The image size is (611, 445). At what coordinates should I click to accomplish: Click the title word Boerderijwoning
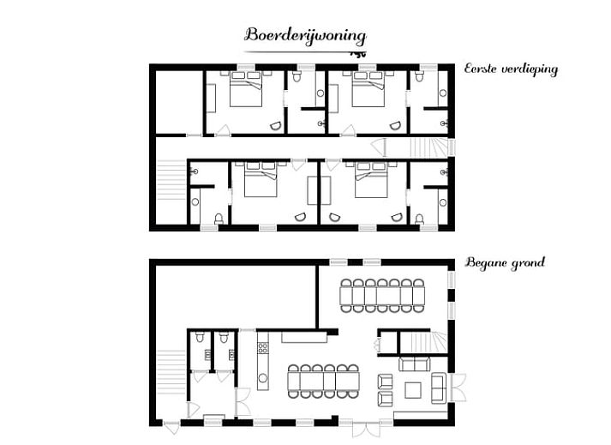point(305,36)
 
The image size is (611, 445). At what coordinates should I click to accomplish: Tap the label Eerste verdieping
point(511,69)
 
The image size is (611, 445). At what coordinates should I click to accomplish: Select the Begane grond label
point(505,262)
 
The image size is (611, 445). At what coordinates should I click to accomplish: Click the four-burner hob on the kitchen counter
point(263,347)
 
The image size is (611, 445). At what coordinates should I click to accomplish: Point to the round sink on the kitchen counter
point(263,377)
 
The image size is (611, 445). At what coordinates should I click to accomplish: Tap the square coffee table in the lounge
point(413,390)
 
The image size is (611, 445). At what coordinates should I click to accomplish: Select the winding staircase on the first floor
point(428,147)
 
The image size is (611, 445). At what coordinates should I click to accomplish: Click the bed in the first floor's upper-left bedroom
point(245,89)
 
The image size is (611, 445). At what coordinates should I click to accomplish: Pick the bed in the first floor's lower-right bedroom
point(371,180)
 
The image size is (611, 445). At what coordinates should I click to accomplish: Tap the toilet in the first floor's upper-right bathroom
point(419,75)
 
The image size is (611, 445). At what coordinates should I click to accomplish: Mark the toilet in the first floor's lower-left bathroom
point(219,219)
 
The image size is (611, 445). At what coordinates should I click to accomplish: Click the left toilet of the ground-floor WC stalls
point(200,337)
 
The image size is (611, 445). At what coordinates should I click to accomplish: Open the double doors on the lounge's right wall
point(458,388)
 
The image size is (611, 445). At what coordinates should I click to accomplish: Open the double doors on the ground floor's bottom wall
point(366,428)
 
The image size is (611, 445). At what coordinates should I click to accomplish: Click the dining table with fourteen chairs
point(382,296)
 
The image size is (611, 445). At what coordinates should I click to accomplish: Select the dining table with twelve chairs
point(323,382)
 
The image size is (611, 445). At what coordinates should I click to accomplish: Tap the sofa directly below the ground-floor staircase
point(414,364)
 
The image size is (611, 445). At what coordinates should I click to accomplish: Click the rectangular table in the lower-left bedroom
point(319,190)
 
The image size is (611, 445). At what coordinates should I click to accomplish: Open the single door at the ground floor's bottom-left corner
point(171,428)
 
